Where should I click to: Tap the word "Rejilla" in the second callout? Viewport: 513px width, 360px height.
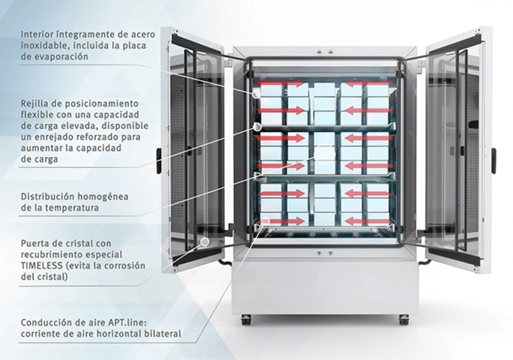35,104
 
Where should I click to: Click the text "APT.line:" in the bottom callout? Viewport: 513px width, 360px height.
127,322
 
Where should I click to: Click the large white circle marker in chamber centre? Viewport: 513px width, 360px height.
324,154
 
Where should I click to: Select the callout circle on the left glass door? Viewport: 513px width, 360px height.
205,241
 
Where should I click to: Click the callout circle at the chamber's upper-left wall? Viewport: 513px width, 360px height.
256,94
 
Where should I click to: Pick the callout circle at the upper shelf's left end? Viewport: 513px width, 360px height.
257,127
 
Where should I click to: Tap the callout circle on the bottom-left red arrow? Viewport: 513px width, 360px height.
265,221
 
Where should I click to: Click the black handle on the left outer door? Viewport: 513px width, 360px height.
158,161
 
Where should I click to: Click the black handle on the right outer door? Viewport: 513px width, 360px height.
493,161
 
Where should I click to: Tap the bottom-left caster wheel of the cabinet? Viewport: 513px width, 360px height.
246,320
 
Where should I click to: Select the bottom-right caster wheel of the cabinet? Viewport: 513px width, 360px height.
404,320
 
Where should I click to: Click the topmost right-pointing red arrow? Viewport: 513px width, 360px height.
282,83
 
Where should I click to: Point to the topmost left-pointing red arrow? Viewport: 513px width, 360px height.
368,83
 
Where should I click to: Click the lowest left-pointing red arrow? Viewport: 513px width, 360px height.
368,221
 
